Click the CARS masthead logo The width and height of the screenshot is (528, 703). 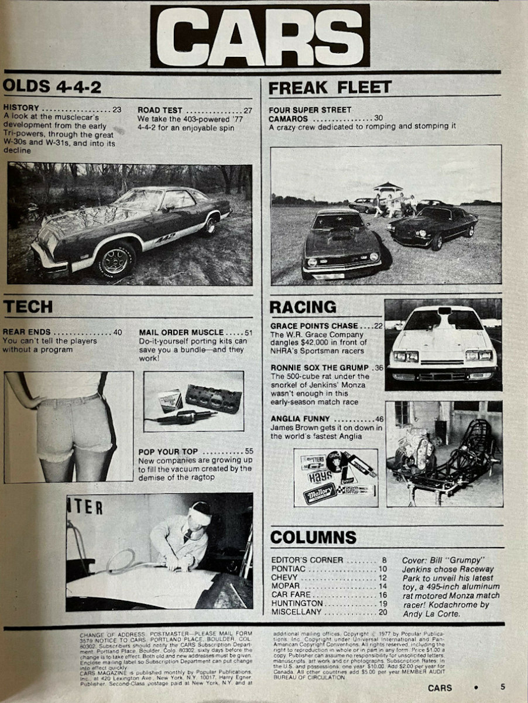point(260,36)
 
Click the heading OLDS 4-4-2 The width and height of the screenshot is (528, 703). point(52,87)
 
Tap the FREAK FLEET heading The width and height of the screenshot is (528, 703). point(330,87)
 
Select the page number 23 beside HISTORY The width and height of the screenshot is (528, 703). point(117,109)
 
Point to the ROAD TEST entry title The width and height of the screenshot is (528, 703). point(160,110)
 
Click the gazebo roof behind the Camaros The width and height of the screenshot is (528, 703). point(388,187)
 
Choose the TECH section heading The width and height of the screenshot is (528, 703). point(28,306)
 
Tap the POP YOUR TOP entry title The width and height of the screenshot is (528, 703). point(168,452)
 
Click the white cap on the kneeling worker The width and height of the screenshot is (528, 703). point(200,516)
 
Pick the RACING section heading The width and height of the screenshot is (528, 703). point(302,307)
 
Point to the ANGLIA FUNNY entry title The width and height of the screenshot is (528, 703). point(300,419)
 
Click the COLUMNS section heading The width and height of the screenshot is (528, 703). point(313,537)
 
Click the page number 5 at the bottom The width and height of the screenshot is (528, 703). point(502,687)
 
